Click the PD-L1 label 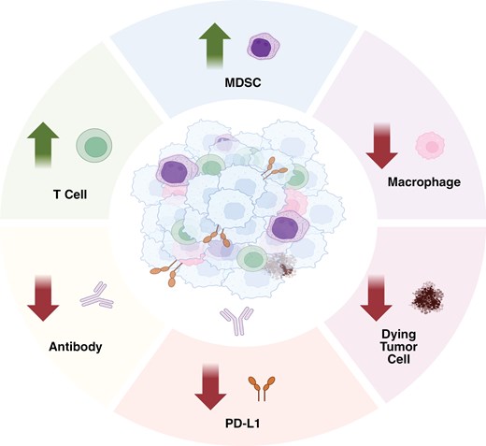251,427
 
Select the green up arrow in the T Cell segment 38,146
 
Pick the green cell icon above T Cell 93,144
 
